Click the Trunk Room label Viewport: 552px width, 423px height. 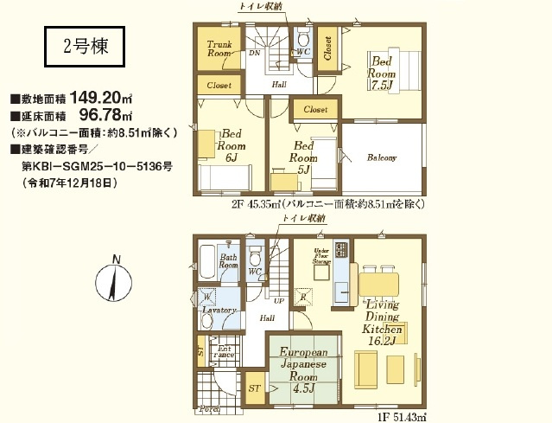click(x=219, y=48)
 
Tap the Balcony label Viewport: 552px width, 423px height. click(x=381, y=158)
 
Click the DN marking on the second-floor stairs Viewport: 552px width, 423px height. click(x=254, y=53)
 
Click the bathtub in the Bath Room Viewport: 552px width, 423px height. click(x=207, y=259)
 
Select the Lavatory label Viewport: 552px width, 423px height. click(x=219, y=309)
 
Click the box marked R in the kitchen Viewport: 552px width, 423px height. click(x=303, y=298)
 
